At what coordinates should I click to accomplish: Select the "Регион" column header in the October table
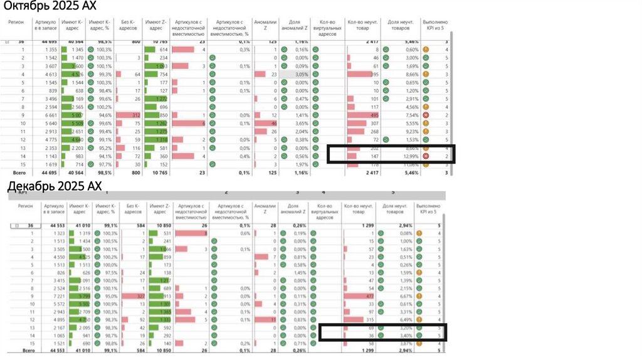coord(16,21)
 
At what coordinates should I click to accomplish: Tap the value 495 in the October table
coord(374,115)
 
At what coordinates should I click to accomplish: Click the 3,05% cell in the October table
coord(301,75)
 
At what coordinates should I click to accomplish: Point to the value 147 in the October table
coord(375,156)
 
